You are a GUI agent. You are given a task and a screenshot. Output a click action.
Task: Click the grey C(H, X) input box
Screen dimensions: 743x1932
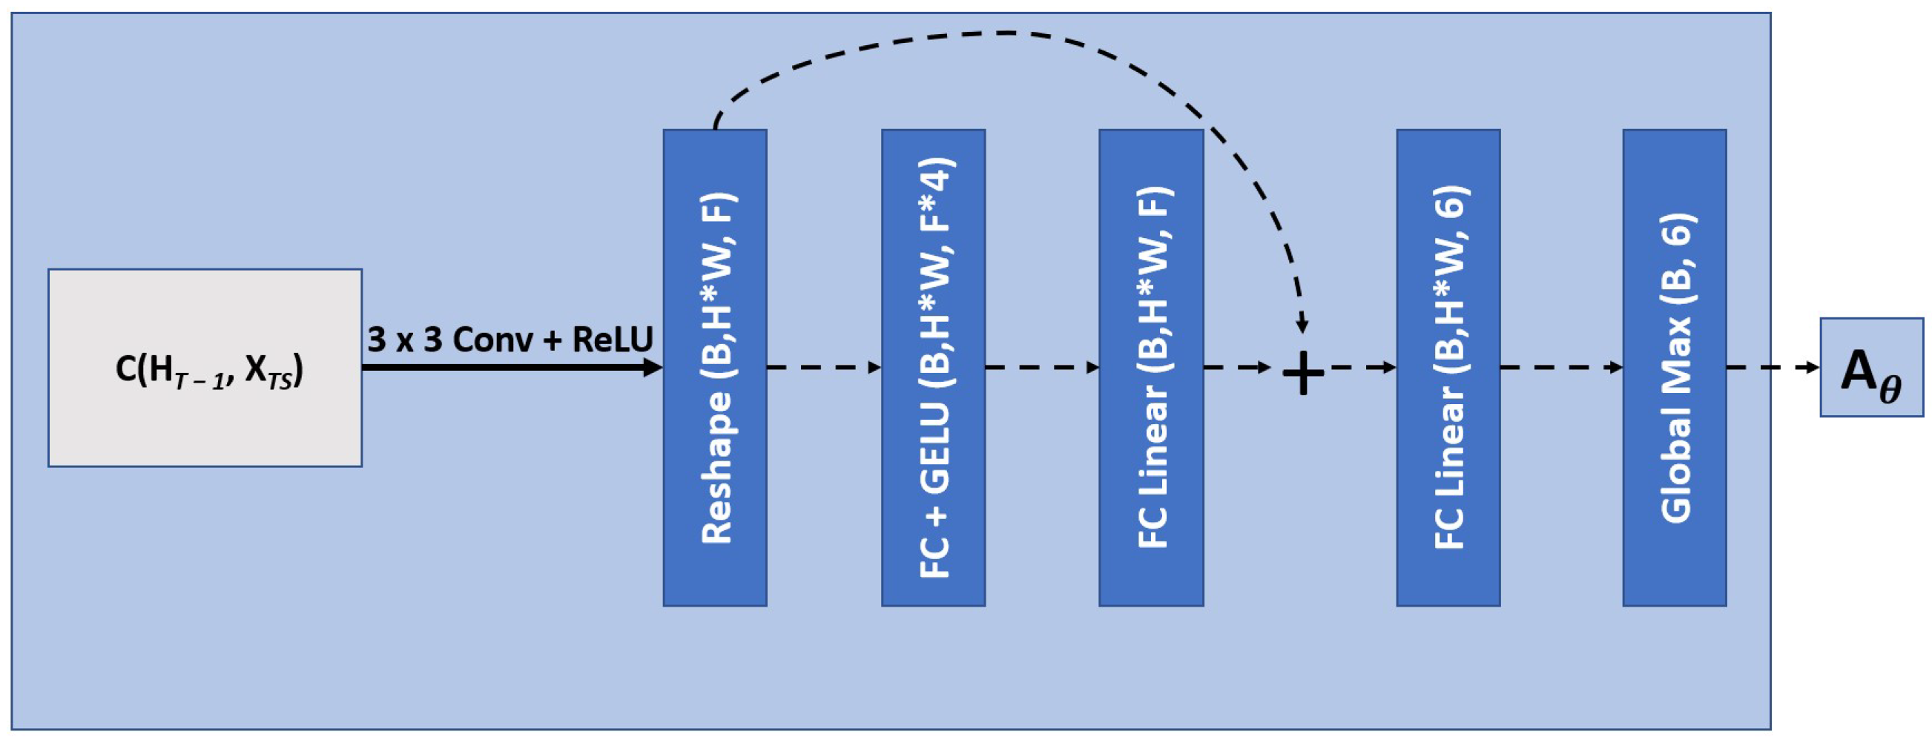coord(205,367)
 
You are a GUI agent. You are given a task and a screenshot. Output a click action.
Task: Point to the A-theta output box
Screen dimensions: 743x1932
coord(1871,367)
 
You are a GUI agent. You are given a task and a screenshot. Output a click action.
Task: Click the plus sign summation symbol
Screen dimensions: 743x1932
coord(1303,373)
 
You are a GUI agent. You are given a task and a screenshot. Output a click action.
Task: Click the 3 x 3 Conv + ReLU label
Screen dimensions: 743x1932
coord(510,340)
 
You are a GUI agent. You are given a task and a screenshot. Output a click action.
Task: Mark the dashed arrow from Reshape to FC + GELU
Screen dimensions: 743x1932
coord(823,367)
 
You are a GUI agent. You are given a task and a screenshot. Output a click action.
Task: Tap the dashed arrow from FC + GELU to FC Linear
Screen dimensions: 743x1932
coord(1042,367)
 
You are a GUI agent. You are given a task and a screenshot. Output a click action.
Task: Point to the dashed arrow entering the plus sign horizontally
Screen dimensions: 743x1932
coord(1238,367)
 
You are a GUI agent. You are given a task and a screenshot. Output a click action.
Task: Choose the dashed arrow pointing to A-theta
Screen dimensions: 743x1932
coord(1773,367)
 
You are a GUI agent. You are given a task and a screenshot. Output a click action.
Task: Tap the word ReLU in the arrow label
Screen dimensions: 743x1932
coord(612,340)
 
